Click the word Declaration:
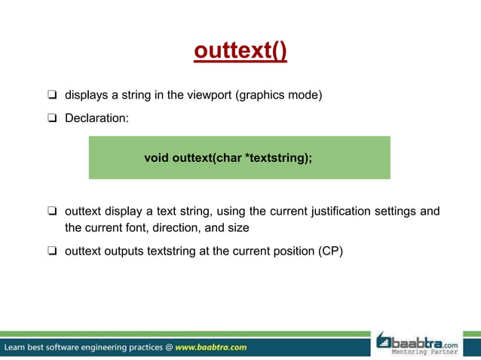click(x=96, y=118)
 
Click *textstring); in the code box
click(x=279, y=158)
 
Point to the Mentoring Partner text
click(x=424, y=351)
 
